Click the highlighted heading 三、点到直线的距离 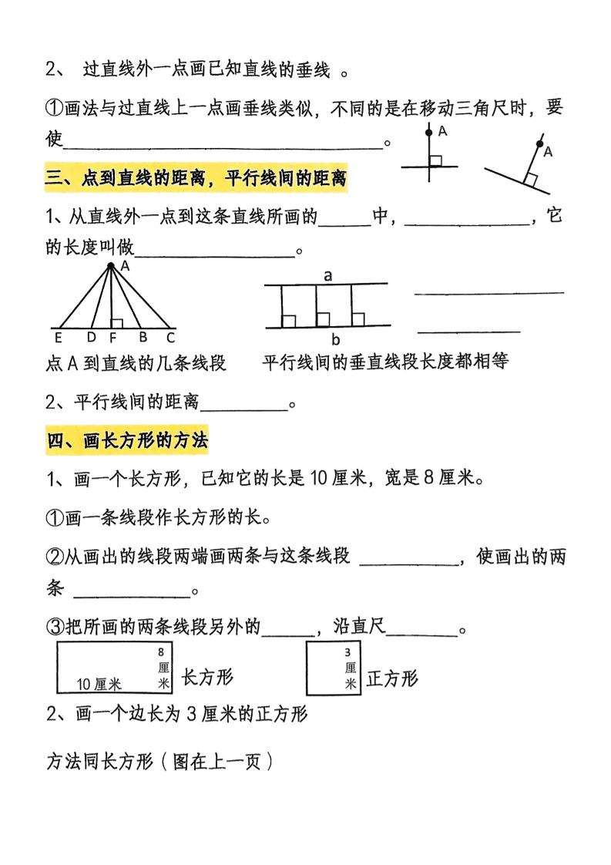[x=196, y=180]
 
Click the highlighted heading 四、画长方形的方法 [x=127, y=441]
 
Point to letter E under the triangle [x=58, y=336]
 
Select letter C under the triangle [x=171, y=336]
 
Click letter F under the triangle [x=113, y=336]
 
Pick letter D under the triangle [x=92, y=336]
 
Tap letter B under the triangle [x=143, y=336]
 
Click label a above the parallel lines [x=327, y=275]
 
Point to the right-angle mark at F [x=117, y=321]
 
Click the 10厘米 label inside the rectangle [x=100, y=683]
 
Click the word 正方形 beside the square [x=392, y=678]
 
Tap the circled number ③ [x=55, y=628]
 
